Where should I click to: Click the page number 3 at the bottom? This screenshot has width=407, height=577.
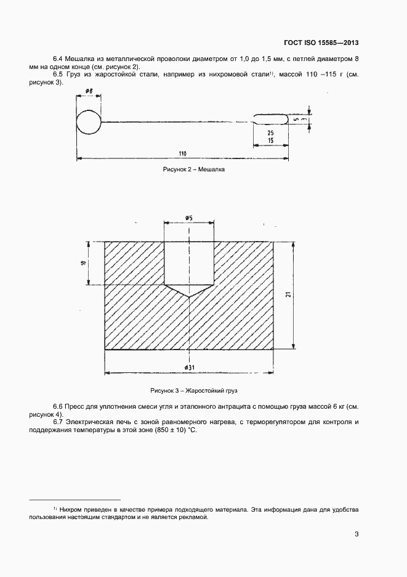tap(357, 534)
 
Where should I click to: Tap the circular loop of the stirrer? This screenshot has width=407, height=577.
tap(88, 121)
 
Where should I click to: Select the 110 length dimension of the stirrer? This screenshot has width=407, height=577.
tap(182, 153)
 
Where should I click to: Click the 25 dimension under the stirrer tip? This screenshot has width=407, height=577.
tap(271, 133)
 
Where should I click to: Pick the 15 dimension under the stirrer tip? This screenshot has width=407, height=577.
tap(271, 141)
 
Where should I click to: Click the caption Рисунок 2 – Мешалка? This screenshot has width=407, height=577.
tap(193, 170)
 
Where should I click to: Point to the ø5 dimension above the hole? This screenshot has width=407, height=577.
tap(189, 218)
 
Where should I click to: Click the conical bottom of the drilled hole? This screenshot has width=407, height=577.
tap(189, 291)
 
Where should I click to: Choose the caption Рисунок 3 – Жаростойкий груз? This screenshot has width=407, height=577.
tap(193, 391)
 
